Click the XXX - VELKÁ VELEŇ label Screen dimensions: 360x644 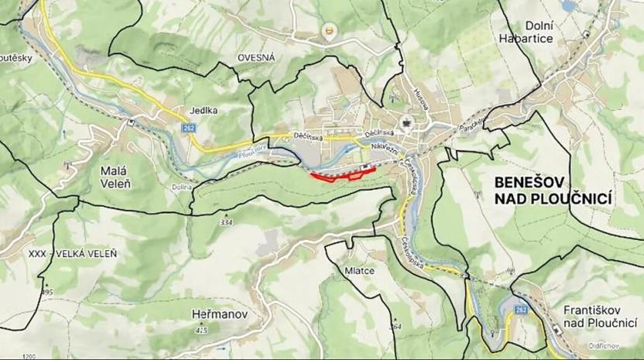click(72, 253)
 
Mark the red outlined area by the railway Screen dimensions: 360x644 click(341, 173)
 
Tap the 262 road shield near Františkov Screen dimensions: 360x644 click(520, 310)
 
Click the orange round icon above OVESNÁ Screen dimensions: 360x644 click(331, 33)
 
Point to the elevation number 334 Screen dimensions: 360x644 click(226, 223)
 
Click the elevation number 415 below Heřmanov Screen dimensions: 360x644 click(202, 331)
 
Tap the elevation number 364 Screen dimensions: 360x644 click(396, 327)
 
